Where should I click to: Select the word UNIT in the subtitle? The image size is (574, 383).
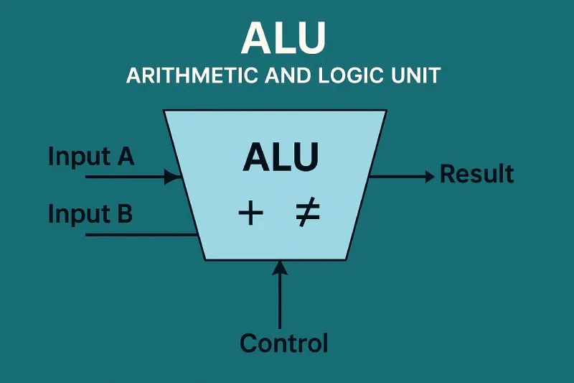coord(415,76)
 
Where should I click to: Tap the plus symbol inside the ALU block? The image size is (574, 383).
coord(250,213)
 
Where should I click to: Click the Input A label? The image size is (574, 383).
coord(91,157)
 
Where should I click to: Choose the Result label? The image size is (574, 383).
coord(476,174)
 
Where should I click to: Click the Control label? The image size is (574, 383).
coord(283,343)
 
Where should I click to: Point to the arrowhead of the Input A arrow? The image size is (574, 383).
coord(173,176)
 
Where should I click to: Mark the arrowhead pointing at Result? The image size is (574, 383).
coord(429,176)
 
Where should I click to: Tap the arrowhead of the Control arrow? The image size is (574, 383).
coord(280,268)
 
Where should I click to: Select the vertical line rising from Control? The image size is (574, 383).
coord(280,302)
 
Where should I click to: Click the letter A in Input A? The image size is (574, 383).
coord(125,157)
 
